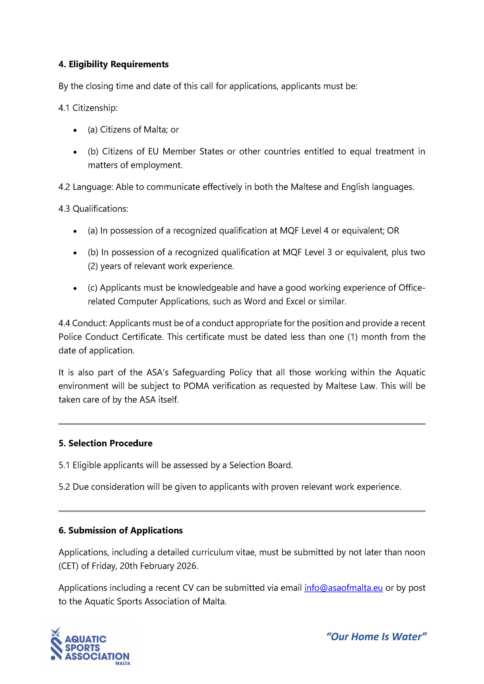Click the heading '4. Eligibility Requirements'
tap(113, 64)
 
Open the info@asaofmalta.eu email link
tap(343, 588)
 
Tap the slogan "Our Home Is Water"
tap(376, 637)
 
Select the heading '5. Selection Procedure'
tap(105, 443)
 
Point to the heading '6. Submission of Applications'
tap(121, 530)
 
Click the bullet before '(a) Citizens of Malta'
tap(75, 130)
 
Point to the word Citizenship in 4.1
tap(95, 108)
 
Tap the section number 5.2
tap(64, 487)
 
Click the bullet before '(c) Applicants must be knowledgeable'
tap(75, 288)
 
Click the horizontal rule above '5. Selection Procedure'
tap(242, 424)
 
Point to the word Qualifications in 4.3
tap(100, 209)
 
